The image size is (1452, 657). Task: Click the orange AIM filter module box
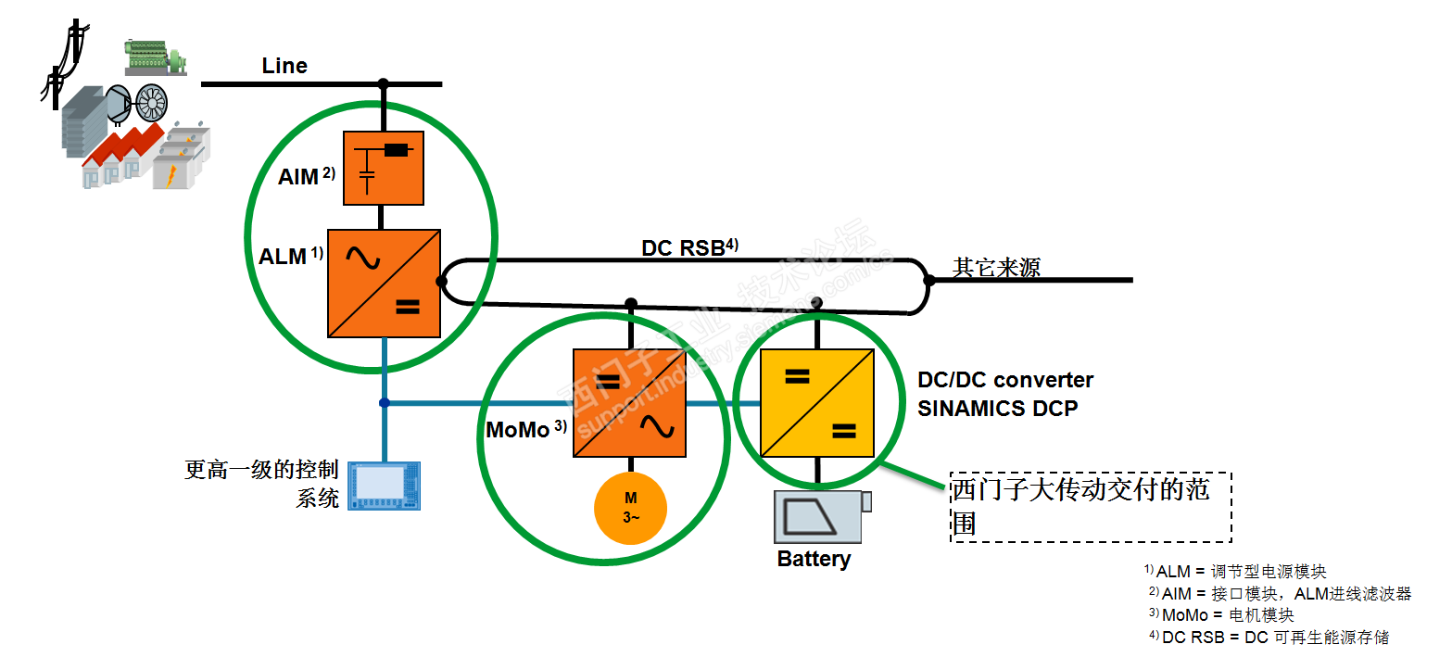point(384,168)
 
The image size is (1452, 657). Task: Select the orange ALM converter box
point(384,283)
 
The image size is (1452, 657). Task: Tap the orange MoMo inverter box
point(630,403)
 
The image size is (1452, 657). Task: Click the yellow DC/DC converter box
point(816,403)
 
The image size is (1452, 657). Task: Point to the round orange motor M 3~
point(630,508)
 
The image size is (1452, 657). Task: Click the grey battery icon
point(821,517)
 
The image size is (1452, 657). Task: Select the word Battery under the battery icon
point(814,560)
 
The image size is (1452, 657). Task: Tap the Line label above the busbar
point(284,66)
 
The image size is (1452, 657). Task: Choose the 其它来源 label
point(996,268)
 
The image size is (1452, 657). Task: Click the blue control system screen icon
point(385,486)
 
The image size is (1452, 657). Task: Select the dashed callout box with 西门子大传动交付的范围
point(1091,506)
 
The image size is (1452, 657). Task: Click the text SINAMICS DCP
point(997,409)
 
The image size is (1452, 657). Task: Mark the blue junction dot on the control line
point(384,402)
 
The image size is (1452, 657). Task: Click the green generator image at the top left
point(156,57)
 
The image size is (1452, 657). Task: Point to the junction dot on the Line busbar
point(384,84)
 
